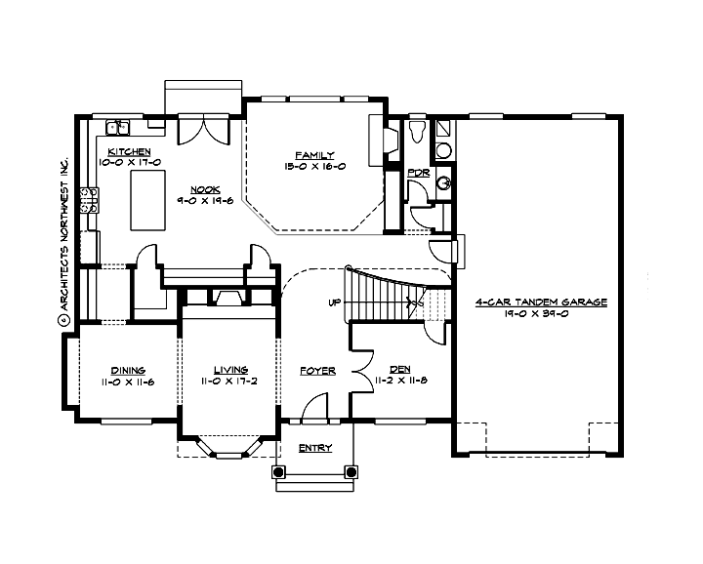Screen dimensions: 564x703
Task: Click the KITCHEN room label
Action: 129,151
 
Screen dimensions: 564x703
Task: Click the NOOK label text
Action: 204,189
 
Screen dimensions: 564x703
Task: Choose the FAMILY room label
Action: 315,155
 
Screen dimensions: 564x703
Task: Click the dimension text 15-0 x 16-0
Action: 315,167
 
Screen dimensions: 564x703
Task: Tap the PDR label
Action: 418,173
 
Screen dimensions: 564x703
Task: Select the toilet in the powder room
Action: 417,131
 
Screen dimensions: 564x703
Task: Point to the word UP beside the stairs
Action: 334,302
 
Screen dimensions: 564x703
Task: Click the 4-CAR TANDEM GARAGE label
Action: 541,302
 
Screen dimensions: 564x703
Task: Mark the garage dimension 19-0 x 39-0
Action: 541,314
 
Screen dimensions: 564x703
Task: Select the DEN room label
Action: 399,371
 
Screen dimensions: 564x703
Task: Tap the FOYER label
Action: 317,371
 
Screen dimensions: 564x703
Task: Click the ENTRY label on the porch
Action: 314,448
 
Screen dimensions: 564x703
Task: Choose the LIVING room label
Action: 233,370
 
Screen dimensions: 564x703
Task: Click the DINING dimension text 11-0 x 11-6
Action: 129,382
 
